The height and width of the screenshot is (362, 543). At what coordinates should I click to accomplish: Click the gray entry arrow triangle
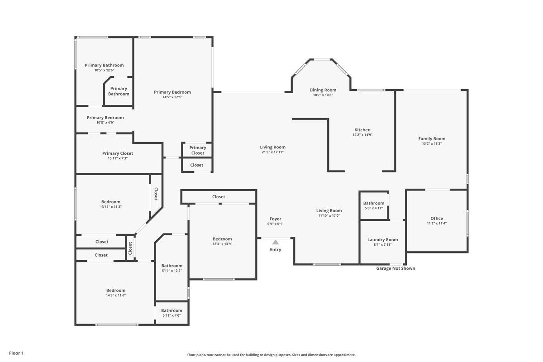pos(276,242)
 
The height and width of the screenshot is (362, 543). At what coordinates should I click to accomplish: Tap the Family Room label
pos(432,139)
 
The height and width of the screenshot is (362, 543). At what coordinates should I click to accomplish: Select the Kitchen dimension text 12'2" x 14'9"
pos(362,135)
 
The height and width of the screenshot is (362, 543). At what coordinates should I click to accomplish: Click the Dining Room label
pos(323,90)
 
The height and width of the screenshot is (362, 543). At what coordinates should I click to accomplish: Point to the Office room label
pos(437,219)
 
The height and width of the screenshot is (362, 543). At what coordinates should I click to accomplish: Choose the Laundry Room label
pos(382,240)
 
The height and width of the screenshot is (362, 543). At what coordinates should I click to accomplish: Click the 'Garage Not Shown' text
pos(395,268)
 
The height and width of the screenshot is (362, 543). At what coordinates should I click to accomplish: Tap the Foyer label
pos(276,219)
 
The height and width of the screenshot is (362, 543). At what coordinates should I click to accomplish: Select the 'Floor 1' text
pos(16,353)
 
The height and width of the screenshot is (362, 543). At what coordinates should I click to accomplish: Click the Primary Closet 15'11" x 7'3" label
pos(118,153)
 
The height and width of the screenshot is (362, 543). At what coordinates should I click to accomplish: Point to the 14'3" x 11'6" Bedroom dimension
pos(116,295)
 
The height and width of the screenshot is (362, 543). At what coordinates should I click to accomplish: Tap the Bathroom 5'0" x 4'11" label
pos(374,203)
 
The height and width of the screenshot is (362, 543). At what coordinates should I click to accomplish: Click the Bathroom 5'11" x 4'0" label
pos(172,310)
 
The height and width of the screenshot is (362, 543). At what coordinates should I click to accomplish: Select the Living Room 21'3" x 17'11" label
pos(273,147)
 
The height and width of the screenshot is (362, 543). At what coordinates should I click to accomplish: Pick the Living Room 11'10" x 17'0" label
pos(329,210)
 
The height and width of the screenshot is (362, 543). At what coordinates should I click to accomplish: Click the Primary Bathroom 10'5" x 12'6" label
pos(104,65)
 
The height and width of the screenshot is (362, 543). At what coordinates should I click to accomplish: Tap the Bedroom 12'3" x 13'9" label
pos(222,239)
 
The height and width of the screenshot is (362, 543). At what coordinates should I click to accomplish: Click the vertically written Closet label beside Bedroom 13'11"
pos(156,194)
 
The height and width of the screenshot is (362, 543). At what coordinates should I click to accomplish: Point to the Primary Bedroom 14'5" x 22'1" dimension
pos(172,97)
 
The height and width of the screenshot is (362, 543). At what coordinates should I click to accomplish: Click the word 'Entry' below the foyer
pos(276,250)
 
